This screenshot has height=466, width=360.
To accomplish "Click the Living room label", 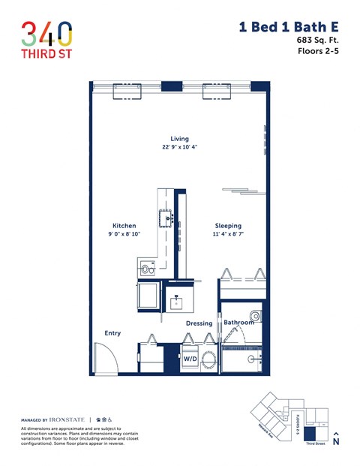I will coord(179,139).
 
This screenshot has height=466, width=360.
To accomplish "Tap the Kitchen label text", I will coord(124,225).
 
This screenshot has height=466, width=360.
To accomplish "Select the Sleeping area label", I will coord(228,225).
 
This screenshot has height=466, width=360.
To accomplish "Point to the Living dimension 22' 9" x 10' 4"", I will coord(179,148).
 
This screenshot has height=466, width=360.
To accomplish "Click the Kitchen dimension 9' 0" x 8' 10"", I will coord(124,234).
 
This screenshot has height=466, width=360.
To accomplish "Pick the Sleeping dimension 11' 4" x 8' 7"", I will coord(228,234).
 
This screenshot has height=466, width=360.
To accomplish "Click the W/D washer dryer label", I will coord(190,359).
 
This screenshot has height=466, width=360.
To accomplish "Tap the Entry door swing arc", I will coord(104,356).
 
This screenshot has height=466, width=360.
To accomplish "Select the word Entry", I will coord(112,333).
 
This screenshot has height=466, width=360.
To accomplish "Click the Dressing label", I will coord(199,323).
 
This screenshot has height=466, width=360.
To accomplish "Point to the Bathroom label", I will coord(238,323).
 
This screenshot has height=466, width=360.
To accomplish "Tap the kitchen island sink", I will coord(165,219).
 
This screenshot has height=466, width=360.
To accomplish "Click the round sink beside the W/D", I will coord(210,360).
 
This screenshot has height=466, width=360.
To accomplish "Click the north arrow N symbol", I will coord(335,440).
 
